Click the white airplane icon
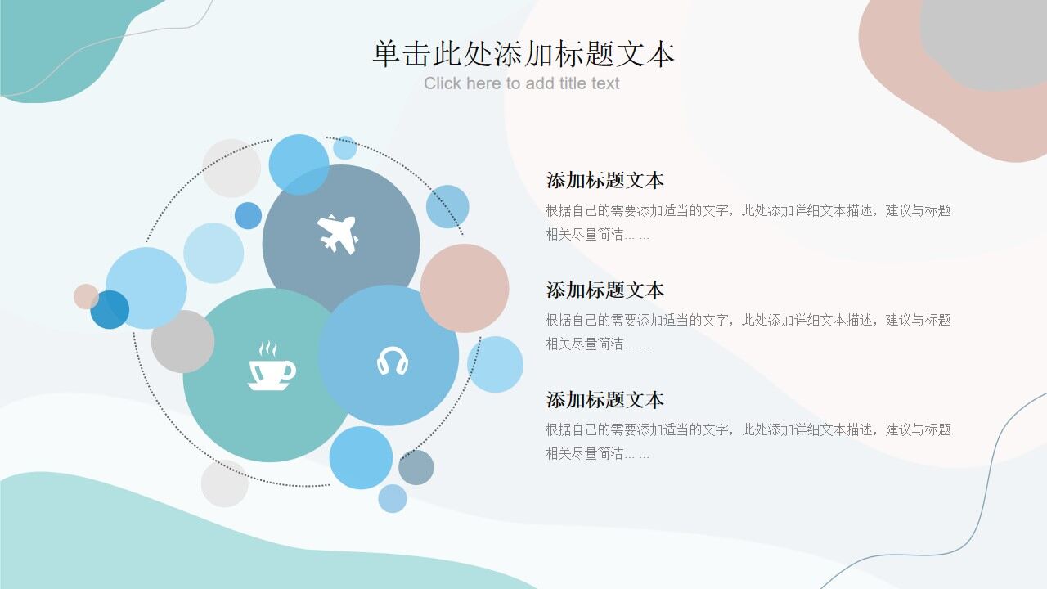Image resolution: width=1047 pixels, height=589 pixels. tap(337, 234)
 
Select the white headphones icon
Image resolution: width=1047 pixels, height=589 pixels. tap(393, 361)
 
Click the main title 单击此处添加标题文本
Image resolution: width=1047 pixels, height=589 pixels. tap(523, 54)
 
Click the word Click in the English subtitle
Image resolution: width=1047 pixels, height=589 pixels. tap(443, 83)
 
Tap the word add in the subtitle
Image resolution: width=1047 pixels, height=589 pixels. tap(539, 83)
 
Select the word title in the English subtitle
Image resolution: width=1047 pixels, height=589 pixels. tap(573, 83)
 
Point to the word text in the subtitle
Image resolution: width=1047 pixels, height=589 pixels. tap(605, 83)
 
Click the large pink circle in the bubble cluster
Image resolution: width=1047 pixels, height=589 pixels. tap(465, 288)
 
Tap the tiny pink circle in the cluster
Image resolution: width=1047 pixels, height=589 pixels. tap(86, 296)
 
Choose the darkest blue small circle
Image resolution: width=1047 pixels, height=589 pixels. tap(109, 310)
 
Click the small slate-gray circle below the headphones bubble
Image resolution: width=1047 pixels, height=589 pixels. tap(416, 467)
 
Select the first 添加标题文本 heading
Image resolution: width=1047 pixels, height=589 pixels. tap(604, 180)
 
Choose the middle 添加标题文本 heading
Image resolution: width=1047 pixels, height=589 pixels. tap(604, 290)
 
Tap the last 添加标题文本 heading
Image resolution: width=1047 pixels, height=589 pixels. tap(604, 399)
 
